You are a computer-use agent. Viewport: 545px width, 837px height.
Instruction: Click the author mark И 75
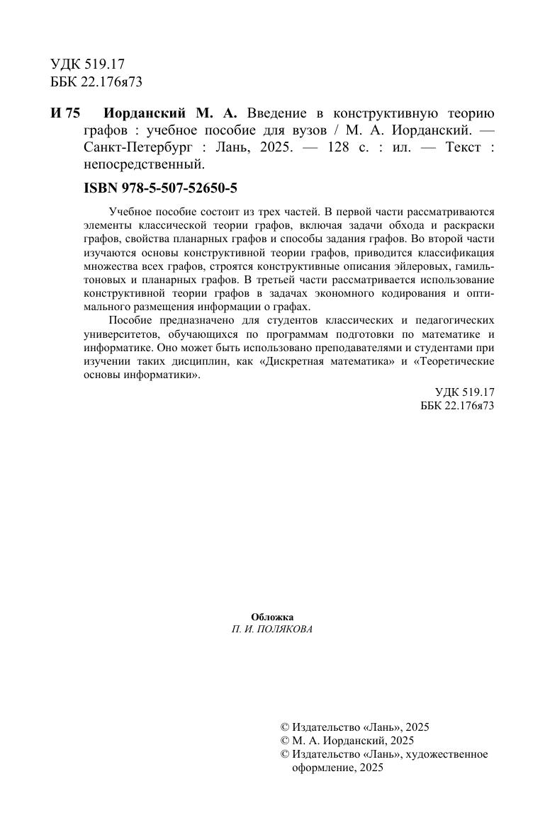point(66,114)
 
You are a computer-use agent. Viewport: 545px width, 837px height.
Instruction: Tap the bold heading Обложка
point(272,617)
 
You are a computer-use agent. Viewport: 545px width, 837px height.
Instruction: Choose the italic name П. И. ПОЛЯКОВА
point(272,630)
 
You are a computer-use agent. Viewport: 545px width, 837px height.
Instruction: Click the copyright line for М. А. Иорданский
point(347,740)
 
